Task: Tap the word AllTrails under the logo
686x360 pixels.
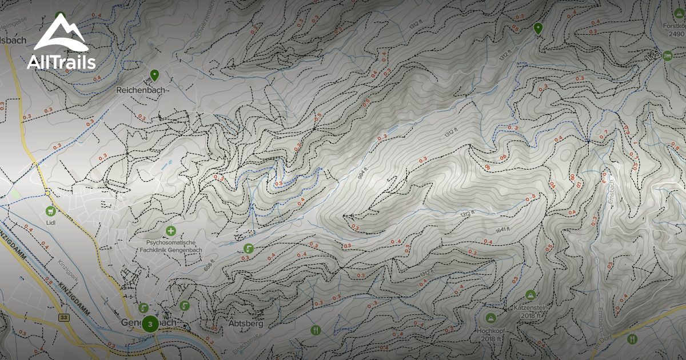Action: (61, 62)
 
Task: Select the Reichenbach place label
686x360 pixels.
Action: (140, 90)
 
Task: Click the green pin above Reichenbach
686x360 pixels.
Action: (154, 75)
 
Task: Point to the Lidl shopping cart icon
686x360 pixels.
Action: (51, 210)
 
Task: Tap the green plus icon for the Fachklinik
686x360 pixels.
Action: (170, 231)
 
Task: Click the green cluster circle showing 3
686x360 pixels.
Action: (150, 324)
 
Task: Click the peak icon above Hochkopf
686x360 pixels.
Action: (490, 318)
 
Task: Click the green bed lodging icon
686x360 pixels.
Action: (667, 55)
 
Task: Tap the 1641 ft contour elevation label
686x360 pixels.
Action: (502, 231)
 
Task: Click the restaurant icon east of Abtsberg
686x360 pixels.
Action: (316, 330)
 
